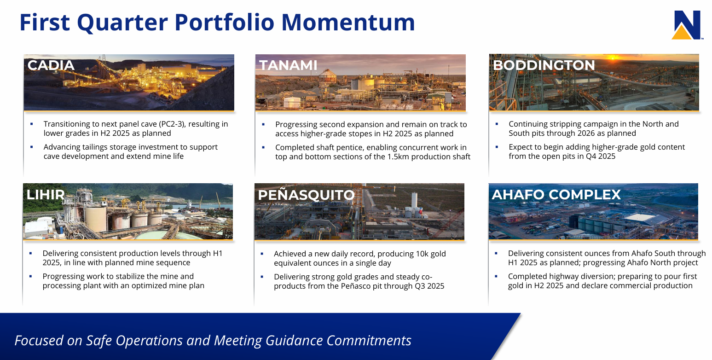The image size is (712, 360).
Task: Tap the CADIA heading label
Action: pos(51,65)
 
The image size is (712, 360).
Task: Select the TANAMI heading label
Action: pos(288,65)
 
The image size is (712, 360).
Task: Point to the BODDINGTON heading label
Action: pos(544,65)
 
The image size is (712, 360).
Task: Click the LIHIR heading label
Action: pos(46,195)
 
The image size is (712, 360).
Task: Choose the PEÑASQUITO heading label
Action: pos(306,195)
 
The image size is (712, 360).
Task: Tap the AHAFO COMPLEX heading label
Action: pos(556,195)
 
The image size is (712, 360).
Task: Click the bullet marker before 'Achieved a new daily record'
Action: pos(262,254)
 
